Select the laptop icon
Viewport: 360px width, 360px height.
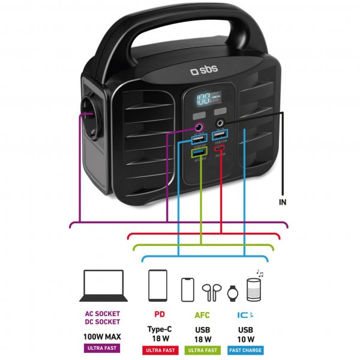pos(103,286)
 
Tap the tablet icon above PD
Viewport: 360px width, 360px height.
pos(157,286)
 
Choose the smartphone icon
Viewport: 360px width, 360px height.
pos(188,289)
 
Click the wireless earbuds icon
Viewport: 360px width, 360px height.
pos(210,292)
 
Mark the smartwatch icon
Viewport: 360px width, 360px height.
pos(233,293)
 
